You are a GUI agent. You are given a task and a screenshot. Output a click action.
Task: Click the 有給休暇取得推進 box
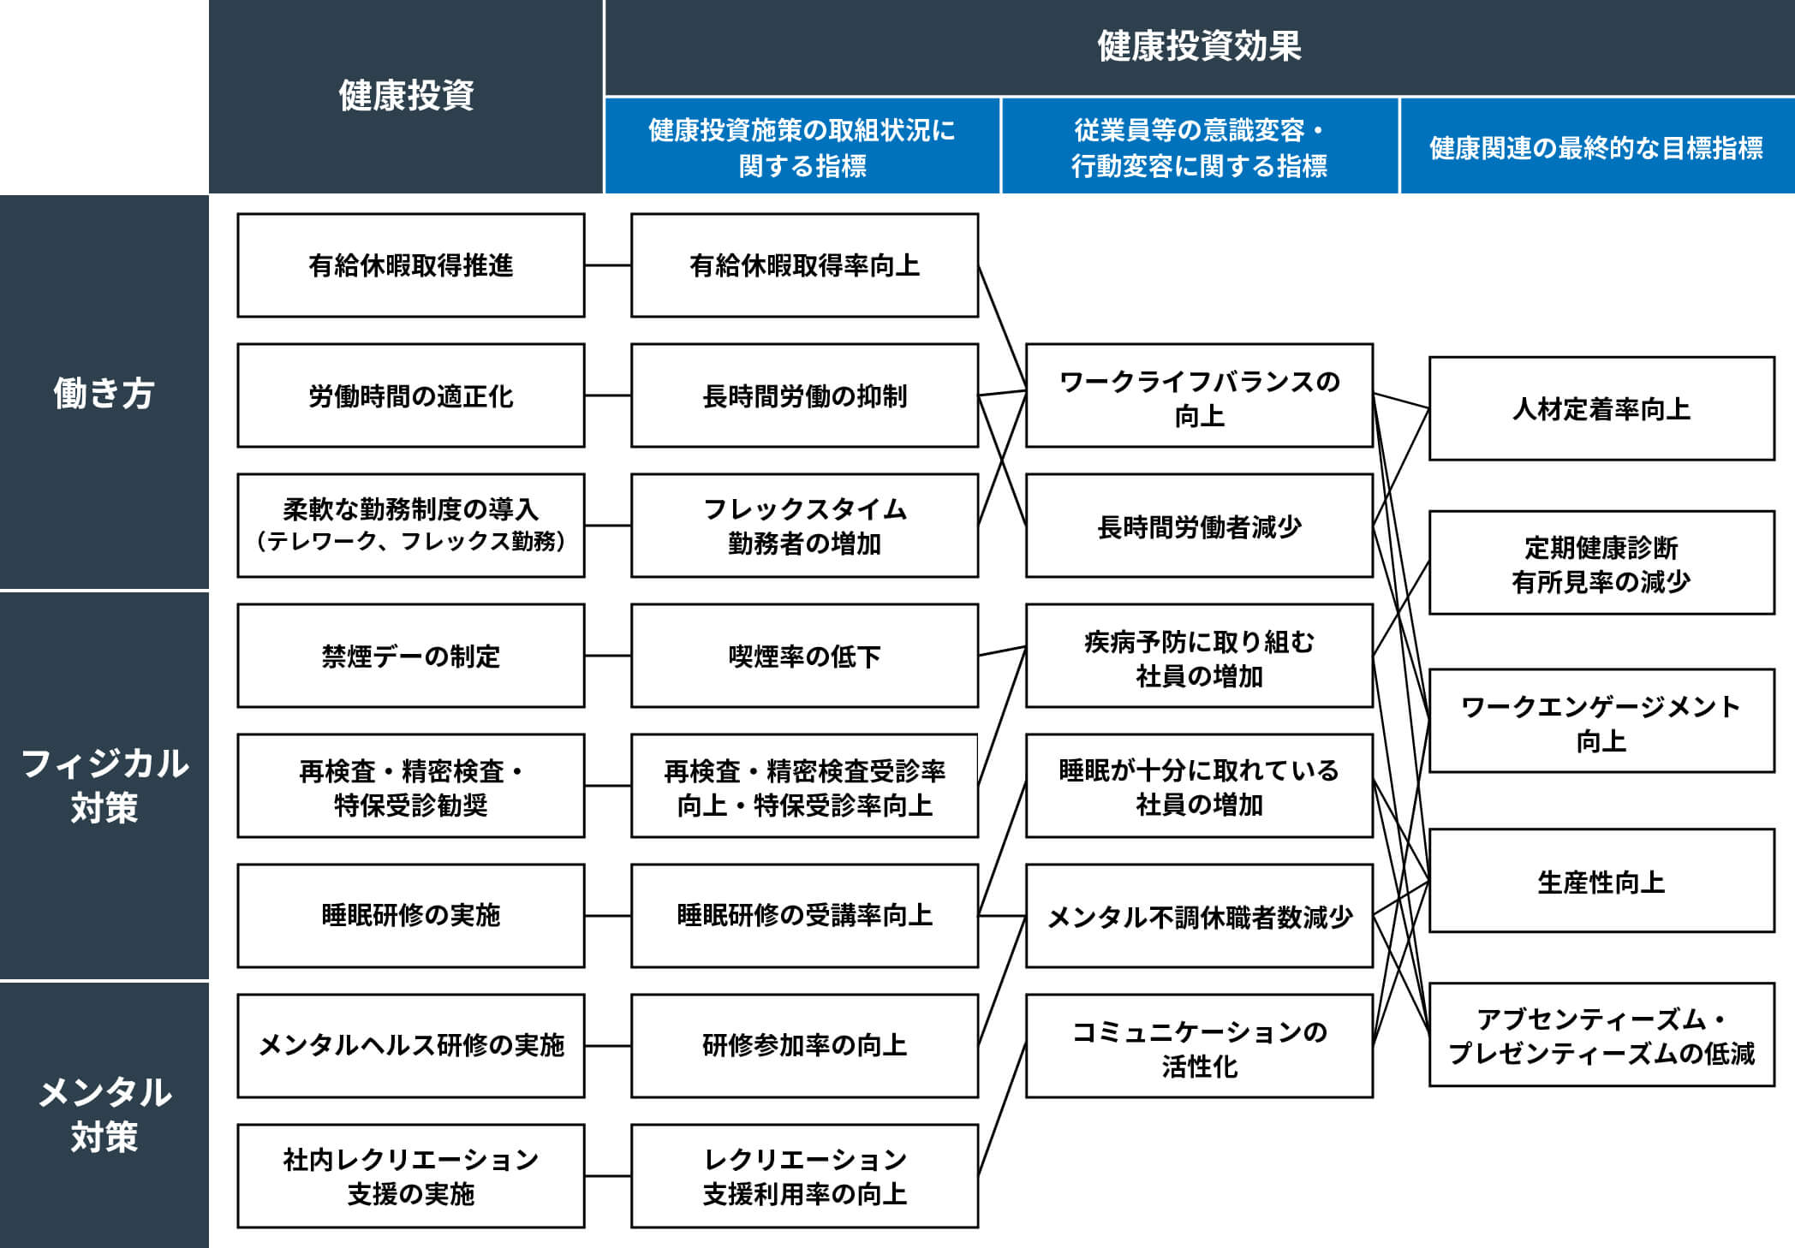411,265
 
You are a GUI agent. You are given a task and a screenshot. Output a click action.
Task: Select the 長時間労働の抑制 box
804,395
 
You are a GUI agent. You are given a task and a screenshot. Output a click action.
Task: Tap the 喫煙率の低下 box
804,656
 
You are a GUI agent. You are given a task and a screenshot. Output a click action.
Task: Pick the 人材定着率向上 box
1601,408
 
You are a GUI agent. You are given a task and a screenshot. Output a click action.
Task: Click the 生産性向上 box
1601,881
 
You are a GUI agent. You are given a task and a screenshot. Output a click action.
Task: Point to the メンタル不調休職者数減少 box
1199,916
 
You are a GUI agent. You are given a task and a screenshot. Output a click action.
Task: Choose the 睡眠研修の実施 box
411,916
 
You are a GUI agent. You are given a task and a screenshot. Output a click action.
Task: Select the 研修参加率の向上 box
804,1046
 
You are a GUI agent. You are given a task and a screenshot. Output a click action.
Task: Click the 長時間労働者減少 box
1199,526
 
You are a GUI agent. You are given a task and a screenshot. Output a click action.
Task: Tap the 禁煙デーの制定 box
411,656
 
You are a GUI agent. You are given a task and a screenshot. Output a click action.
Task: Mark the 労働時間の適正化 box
411,395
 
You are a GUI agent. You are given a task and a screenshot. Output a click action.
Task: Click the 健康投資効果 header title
1199,45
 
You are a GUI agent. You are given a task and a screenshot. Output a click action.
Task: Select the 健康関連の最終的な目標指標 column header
1597,146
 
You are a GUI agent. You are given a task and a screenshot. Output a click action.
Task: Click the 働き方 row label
104,393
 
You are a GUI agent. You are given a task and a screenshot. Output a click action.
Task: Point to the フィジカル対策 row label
104,786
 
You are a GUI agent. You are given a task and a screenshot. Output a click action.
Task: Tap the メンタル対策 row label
104,1114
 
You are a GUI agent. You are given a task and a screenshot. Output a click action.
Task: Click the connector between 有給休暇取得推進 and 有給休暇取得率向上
608,265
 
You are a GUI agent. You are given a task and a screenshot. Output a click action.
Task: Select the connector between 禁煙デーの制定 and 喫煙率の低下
608,656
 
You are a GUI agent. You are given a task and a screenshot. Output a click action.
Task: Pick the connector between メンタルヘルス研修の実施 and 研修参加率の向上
608,1046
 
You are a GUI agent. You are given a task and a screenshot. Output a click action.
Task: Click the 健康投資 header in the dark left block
406,95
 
